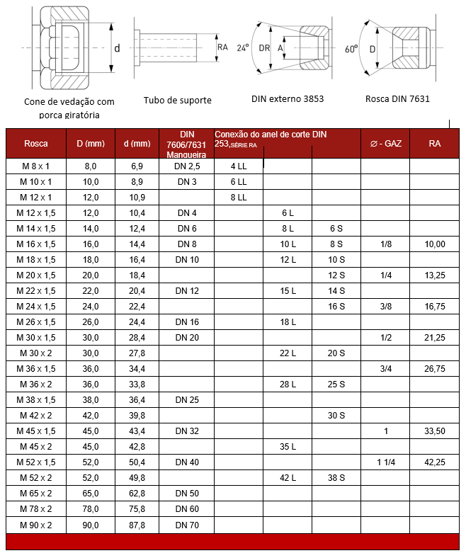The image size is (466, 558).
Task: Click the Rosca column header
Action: click(35, 143)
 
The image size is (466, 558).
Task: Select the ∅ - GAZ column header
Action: click(386, 143)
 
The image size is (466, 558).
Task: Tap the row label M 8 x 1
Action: click(35, 166)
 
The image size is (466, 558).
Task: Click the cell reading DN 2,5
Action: click(187, 166)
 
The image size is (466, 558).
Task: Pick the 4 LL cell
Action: click(238, 166)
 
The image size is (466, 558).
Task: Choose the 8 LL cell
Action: click(238, 197)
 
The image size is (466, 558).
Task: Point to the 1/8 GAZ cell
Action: click(386, 244)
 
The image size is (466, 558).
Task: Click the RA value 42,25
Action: click(435, 462)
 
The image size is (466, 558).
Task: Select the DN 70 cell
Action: click(187, 525)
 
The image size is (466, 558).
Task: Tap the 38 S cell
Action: click(336, 478)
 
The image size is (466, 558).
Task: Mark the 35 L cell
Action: click(288, 446)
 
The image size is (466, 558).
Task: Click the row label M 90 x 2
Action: click(35, 525)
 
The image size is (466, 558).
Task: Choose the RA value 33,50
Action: click(435, 431)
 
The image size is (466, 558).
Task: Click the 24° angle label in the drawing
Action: click(243, 48)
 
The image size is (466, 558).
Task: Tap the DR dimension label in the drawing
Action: click(264, 48)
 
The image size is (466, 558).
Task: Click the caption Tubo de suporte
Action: click(177, 100)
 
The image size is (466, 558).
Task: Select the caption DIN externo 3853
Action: click(288, 98)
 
